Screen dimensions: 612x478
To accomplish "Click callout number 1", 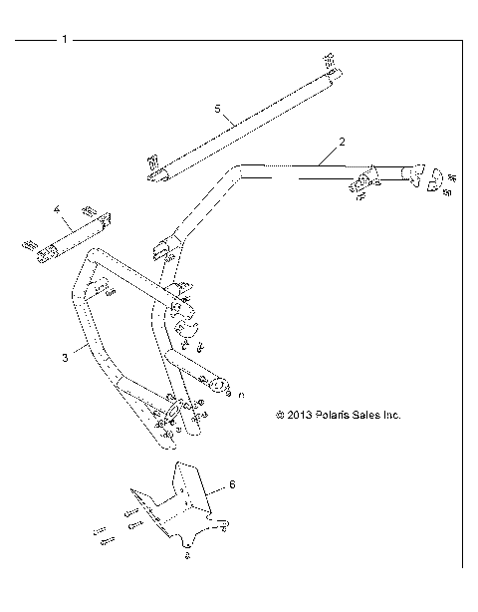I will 64,40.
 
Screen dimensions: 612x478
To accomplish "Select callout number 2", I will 342,143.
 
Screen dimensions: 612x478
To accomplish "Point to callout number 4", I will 58,210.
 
